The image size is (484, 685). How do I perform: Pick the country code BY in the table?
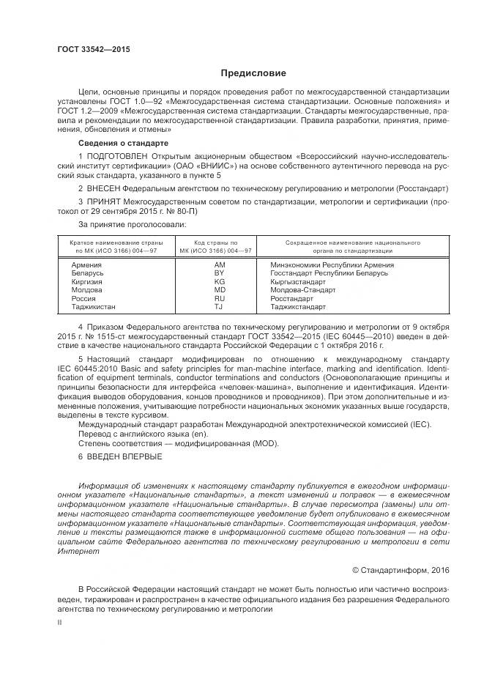click(219, 272)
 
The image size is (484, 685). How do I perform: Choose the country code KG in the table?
click(219, 281)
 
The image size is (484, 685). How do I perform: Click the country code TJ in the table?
click(219, 307)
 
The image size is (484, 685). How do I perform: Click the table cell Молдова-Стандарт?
click(303, 289)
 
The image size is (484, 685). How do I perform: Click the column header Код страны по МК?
click(215, 245)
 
